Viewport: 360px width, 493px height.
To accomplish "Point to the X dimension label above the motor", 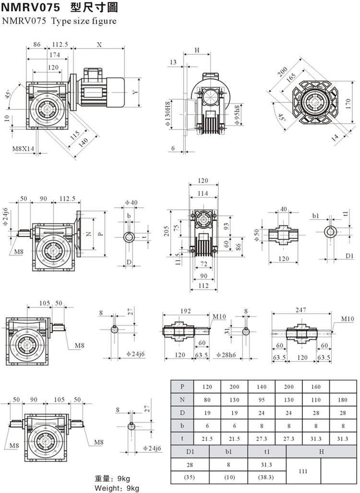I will point(99,45).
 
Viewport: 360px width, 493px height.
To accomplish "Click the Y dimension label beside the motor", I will point(136,92).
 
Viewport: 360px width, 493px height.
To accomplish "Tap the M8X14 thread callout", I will point(24,149).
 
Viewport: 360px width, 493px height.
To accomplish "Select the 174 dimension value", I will point(54,55).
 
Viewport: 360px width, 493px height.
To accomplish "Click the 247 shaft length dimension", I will point(301,310).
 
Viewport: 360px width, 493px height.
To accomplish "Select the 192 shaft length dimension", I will point(185,311).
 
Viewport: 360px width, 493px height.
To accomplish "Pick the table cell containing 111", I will point(303,471).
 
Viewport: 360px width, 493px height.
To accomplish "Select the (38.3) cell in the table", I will point(266,478).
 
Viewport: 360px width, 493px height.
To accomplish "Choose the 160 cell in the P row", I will point(316,386).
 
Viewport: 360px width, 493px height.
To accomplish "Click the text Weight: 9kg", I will point(117,488).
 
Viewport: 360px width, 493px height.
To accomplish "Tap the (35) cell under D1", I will point(191,478).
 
